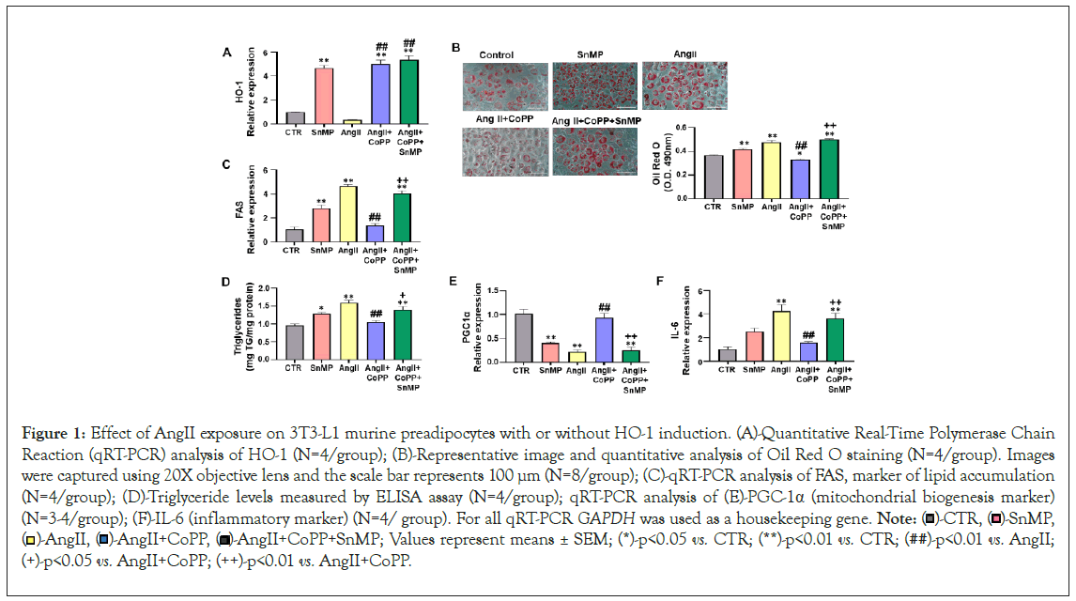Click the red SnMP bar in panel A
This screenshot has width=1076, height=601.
(324, 96)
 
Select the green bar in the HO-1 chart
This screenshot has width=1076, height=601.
(409, 92)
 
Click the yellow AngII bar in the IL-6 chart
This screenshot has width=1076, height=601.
(779, 336)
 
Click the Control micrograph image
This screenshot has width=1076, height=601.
(502, 86)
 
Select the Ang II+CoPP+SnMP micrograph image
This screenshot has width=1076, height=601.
(596, 150)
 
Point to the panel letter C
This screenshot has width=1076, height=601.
(225, 165)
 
